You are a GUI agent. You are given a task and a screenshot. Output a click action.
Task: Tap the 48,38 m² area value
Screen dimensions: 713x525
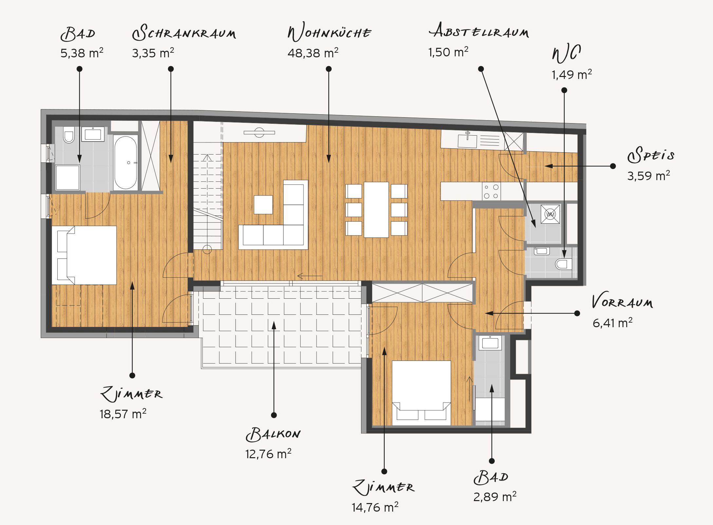pos(313,53)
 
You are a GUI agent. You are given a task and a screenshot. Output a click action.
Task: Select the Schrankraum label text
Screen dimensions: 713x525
pos(184,32)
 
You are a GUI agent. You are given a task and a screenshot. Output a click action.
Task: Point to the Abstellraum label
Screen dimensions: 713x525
pos(479,30)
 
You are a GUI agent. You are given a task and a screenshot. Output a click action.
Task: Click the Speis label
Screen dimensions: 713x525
pos(651,155)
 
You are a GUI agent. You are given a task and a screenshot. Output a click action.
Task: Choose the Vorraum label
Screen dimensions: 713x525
pos(622,300)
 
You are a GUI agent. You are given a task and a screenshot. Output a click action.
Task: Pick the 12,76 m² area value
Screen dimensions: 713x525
pos(268,454)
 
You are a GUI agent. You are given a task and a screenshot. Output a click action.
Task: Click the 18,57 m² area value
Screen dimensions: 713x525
pos(123,414)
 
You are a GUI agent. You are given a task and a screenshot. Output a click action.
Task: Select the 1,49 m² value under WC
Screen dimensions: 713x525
pos(572,74)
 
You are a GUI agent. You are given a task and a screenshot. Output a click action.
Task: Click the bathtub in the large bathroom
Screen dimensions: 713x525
pos(125,162)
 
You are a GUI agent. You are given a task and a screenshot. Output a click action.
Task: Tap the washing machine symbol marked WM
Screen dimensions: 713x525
pos(550,214)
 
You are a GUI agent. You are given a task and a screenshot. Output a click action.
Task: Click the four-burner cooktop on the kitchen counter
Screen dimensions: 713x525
pos(491,191)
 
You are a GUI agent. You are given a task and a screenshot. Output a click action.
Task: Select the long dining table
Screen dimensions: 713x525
pos(376,210)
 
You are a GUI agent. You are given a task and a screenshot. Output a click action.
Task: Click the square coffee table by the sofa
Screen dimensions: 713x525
pos(263,205)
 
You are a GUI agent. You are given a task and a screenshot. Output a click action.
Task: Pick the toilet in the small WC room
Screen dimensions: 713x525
pos(563,264)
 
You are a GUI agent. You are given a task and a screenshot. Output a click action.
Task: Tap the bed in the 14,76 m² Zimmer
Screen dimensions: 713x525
pos(421,393)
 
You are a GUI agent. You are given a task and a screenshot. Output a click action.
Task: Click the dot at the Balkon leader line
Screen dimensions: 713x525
pos(274,415)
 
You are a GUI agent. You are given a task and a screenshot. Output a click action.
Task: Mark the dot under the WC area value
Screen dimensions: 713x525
pos(564,90)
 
